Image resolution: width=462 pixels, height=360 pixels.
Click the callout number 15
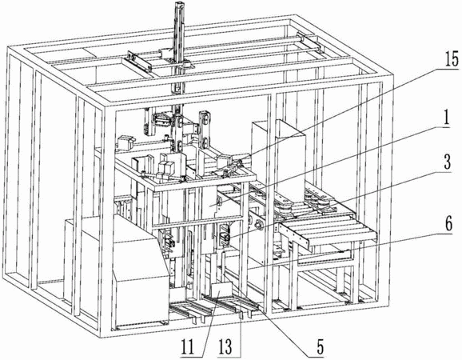pos(451,58)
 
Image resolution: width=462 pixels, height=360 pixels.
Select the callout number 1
pos(446,118)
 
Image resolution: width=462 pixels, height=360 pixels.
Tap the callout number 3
pos(447,162)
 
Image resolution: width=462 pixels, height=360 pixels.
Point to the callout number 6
pos(448,225)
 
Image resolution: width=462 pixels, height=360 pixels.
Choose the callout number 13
pos(225,347)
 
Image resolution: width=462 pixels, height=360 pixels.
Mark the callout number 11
pos(188,347)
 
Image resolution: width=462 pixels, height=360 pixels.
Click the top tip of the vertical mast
pos(180,2)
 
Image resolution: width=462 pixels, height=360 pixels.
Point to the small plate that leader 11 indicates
pos(221,290)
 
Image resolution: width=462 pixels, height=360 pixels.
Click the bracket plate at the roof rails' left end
pos(138,61)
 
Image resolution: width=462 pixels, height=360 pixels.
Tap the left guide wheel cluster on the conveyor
pos(282,207)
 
